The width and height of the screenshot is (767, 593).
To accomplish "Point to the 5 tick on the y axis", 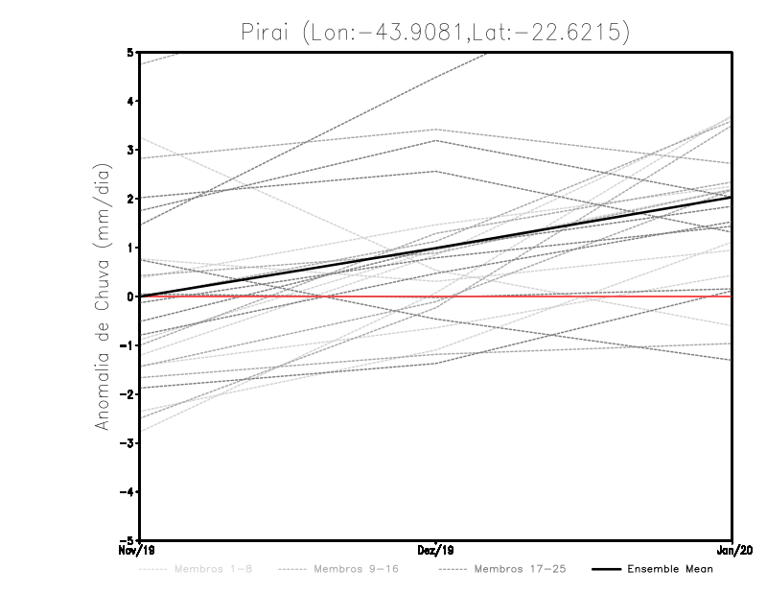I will coord(130,52).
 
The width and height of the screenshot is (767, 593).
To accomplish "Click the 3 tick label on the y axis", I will coord(130,150).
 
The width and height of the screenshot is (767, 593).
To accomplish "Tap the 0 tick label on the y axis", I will coord(130,296).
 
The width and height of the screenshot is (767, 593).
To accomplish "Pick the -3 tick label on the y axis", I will coord(128,442).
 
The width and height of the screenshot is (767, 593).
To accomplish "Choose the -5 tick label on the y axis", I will coord(128,539).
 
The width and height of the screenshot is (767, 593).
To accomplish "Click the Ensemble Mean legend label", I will coord(670,569).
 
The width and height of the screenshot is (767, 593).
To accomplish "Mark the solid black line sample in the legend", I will coord(605,569).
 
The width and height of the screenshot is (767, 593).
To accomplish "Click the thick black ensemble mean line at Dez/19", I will coord(436,249).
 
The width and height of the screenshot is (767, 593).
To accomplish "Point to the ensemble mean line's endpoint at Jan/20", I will coord(732,198).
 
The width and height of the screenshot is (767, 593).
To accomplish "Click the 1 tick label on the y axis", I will coord(130,248).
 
